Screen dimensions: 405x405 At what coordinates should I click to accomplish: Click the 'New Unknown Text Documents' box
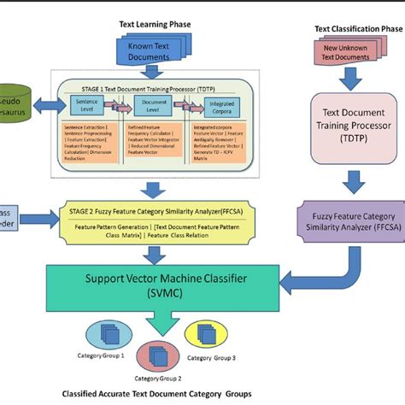(x=353, y=57)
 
